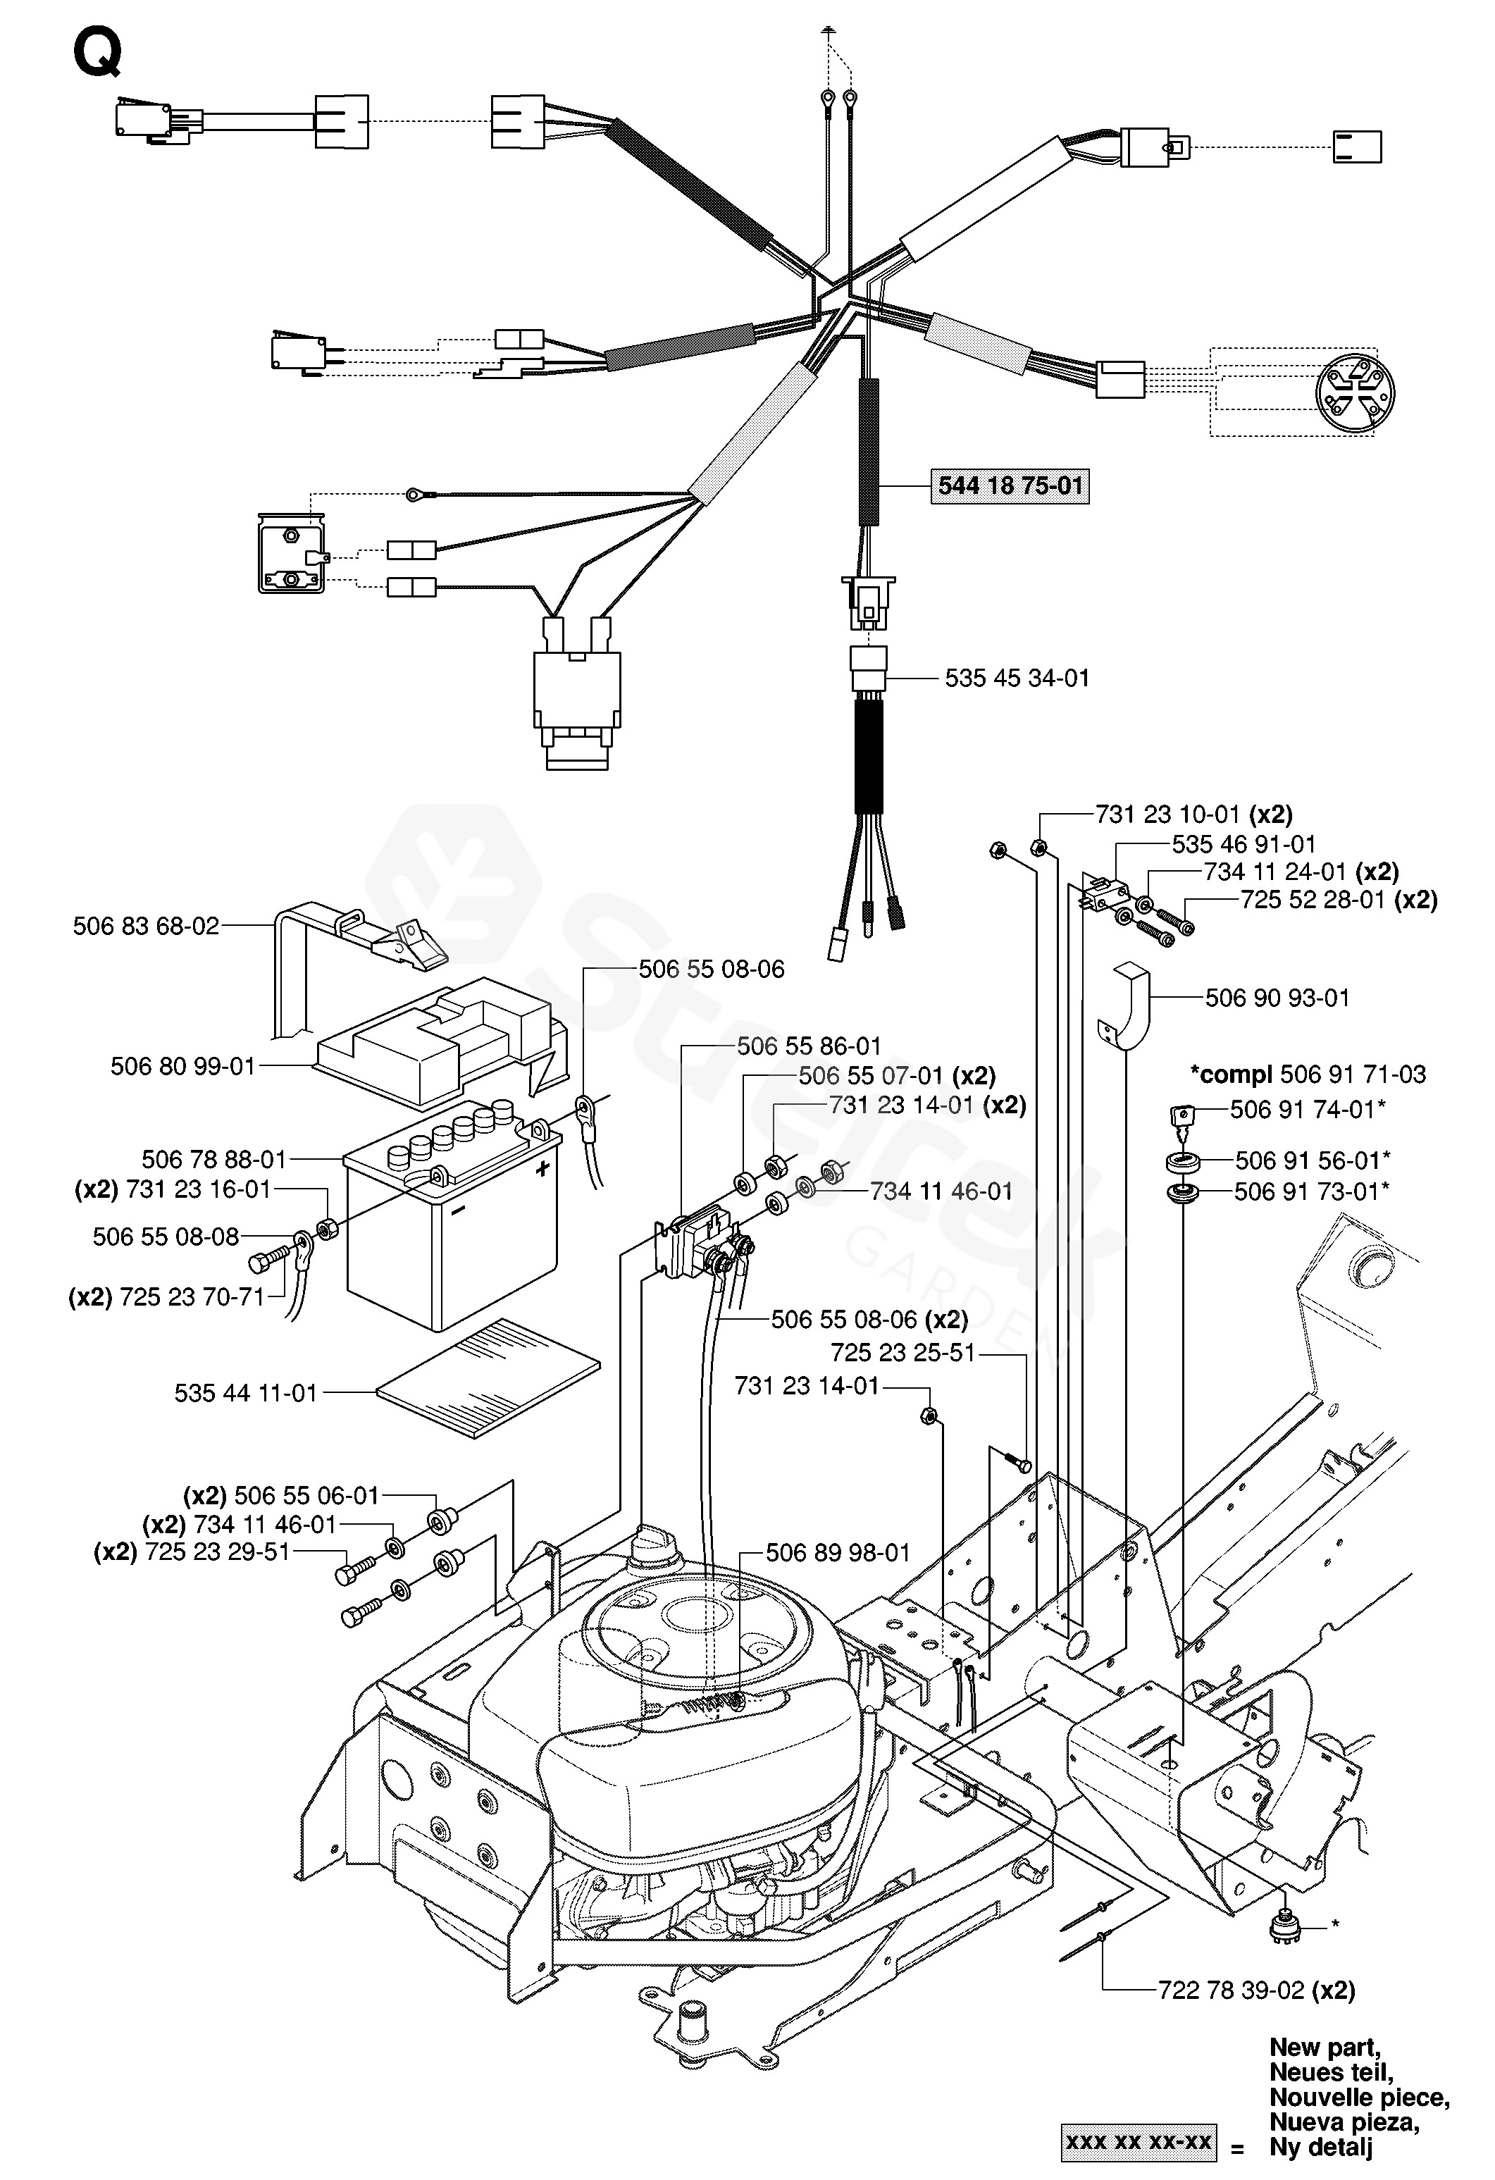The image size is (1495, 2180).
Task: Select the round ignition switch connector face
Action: coord(1354,392)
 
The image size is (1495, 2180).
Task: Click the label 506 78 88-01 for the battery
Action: coord(214,1160)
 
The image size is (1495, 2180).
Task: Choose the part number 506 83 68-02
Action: coord(147,927)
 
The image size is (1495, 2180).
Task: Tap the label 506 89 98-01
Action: coord(838,1552)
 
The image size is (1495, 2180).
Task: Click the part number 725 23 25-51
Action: coord(903,1353)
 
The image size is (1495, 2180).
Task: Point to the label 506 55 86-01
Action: coord(809,1046)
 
